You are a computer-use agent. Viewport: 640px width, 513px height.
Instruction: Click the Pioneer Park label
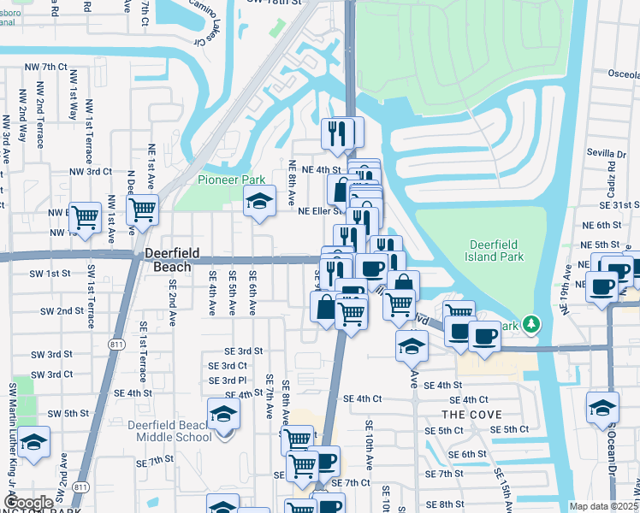point(232,180)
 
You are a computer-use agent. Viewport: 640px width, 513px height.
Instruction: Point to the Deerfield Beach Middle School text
point(169,431)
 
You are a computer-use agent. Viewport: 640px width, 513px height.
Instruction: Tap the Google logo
point(29,503)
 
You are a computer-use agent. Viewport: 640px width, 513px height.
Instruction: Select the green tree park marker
point(532,324)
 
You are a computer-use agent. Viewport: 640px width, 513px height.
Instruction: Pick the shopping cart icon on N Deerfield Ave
point(142,208)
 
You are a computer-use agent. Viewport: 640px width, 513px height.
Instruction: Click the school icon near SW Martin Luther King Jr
point(34,442)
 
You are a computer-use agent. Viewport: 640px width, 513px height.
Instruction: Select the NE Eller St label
point(321,210)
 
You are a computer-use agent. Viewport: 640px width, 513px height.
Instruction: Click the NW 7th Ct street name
point(45,66)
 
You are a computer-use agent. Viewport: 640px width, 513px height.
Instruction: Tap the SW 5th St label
point(68,413)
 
